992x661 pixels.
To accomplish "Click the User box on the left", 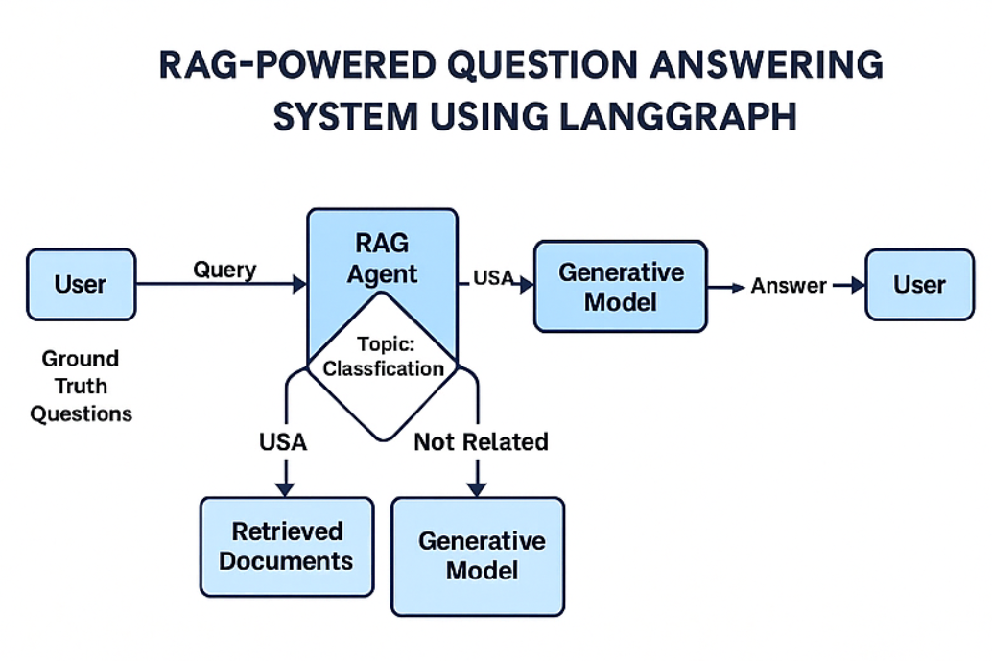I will click(x=81, y=284).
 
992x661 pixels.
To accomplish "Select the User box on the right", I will click(x=919, y=284).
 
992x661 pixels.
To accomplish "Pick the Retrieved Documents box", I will click(x=286, y=546).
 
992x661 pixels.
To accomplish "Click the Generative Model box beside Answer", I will click(x=621, y=286).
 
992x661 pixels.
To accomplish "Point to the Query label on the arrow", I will click(x=224, y=269).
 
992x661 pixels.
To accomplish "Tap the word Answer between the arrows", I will click(x=789, y=285).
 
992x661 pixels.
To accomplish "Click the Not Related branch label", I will click(x=481, y=441).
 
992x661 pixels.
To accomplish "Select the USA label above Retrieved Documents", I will click(x=283, y=441).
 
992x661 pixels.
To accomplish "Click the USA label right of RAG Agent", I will click(x=493, y=277).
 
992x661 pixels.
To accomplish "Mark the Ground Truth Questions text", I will click(x=81, y=386).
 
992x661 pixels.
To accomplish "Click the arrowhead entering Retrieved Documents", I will click(x=284, y=488).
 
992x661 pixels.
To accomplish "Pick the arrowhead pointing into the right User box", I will click(x=857, y=285).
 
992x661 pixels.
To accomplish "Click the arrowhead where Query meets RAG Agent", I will click(x=299, y=284).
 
